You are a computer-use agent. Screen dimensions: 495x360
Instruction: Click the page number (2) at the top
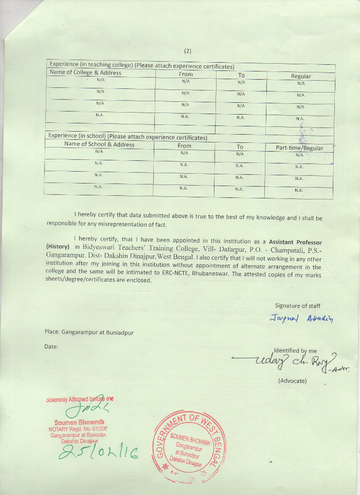[x=187, y=50]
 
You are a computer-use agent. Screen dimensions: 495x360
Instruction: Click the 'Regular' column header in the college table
[x=301, y=76]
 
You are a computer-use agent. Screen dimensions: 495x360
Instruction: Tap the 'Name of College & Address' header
[x=85, y=72]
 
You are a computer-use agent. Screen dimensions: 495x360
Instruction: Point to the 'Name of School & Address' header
[x=99, y=144]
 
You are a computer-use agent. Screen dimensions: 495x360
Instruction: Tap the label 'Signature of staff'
[x=298, y=305]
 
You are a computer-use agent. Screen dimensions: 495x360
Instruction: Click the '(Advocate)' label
[x=292, y=381]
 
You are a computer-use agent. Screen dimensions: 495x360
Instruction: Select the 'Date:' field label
[x=51, y=346]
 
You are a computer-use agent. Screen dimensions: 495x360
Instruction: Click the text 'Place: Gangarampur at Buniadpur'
[x=89, y=332]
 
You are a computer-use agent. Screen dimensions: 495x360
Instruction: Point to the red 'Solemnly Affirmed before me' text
[x=79, y=399]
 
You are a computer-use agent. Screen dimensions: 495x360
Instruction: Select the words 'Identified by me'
[x=295, y=351]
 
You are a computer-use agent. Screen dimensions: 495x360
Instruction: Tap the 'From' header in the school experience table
[x=184, y=146]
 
